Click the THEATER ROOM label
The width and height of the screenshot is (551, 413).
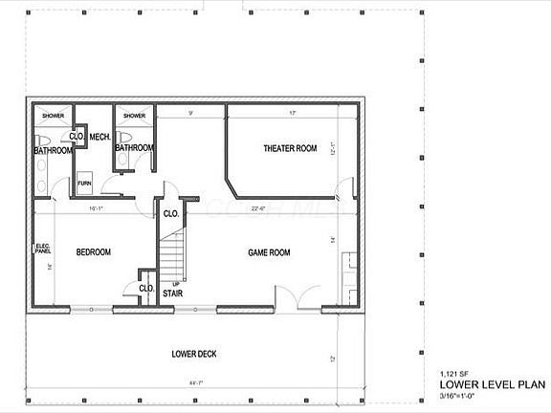click(290, 148)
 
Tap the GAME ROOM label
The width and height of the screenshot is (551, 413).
click(269, 252)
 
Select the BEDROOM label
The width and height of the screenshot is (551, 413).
click(94, 252)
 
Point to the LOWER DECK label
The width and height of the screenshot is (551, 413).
click(194, 354)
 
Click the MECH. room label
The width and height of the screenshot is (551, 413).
click(100, 137)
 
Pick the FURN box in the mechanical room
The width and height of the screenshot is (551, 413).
click(85, 182)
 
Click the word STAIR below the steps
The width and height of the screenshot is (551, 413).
click(172, 293)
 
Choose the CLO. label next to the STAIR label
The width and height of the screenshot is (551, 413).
click(147, 288)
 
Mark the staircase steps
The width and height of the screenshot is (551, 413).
click(172, 256)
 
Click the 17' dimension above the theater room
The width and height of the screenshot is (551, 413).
click(292, 114)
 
